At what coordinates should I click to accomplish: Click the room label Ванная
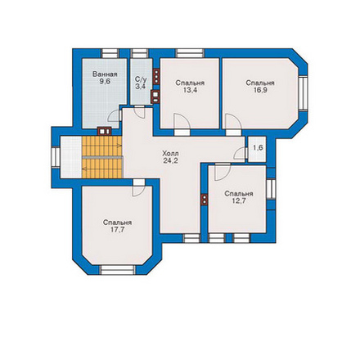pyautogui.click(x=105, y=74)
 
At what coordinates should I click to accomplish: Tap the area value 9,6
pyautogui.click(x=105, y=82)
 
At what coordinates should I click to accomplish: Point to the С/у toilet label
pyautogui.click(x=141, y=79)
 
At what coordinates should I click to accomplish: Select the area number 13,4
pyautogui.click(x=190, y=90)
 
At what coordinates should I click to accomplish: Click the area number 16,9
pyautogui.click(x=260, y=90)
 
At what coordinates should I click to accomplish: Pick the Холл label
pyautogui.click(x=170, y=153)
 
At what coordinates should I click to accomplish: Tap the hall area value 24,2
pyautogui.click(x=170, y=160)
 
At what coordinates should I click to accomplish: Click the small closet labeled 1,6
pyautogui.click(x=258, y=148)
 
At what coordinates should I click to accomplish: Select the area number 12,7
pyautogui.click(x=239, y=201)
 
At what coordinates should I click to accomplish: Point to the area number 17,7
pyautogui.click(x=117, y=230)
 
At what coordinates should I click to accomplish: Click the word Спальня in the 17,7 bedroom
pyautogui.click(x=117, y=223)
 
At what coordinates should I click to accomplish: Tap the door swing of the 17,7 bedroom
pyautogui.click(x=138, y=191)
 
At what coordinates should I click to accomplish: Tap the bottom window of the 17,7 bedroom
pyautogui.click(x=118, y=269)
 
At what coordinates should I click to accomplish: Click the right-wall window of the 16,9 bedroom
pyautogui.click(x=303, y=92)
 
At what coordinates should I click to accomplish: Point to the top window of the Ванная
pyautogui.click(x=110, y=53)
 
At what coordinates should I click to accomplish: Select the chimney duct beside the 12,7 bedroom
pyautogui.click(x=205, y=200)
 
